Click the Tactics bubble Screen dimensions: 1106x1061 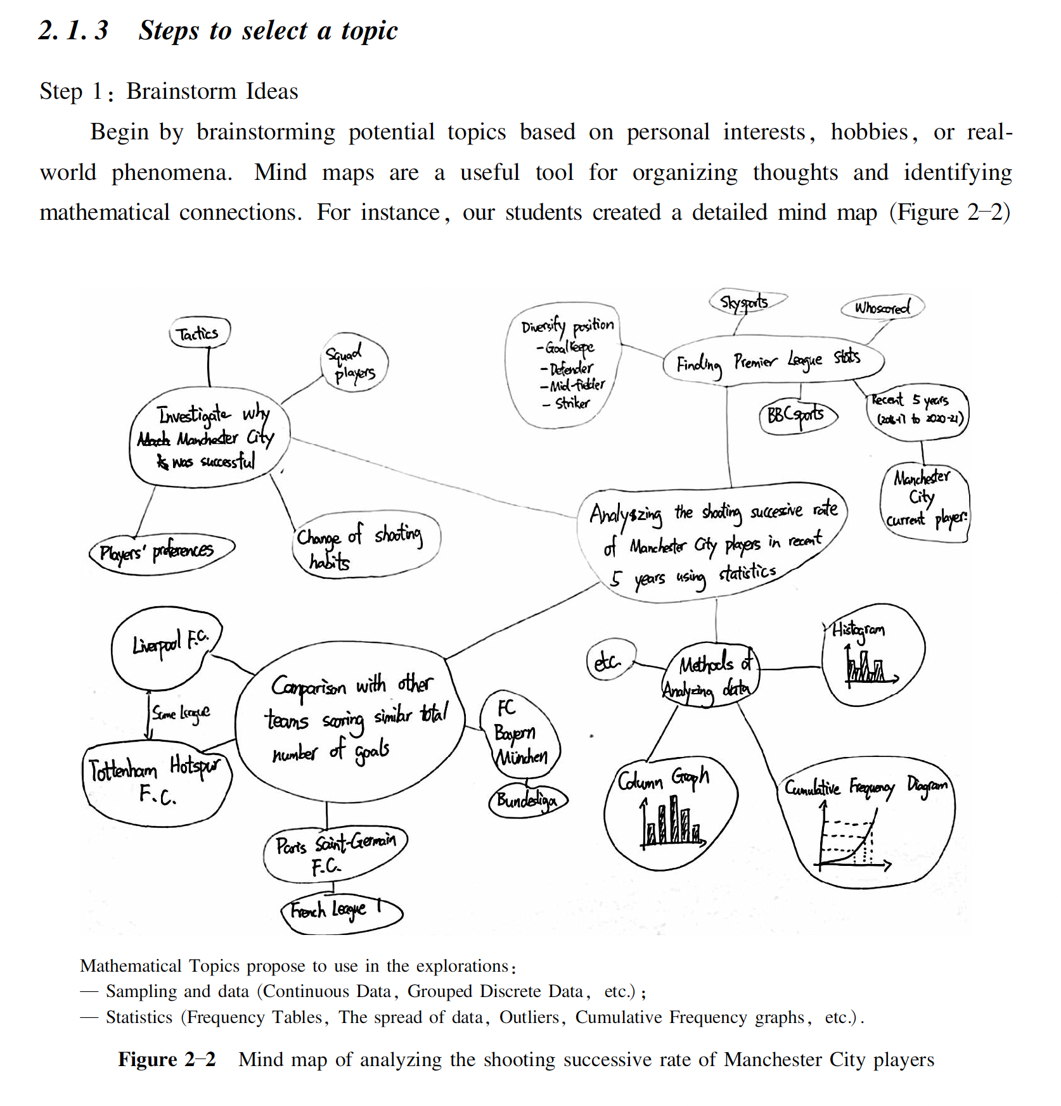pos(199,333)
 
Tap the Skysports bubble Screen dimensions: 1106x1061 pos(746,302)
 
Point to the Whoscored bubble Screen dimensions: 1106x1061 pos(882,308)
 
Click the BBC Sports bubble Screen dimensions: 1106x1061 pos(797,416)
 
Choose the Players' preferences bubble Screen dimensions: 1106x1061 pos(160,551)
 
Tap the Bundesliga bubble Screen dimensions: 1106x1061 pos(527,801)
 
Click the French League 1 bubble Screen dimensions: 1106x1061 pos(340,911)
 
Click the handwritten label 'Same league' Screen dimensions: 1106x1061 pos(181,714)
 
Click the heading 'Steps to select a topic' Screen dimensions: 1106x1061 pos(268,30)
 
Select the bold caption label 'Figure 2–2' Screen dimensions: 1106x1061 pos(167,1059)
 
